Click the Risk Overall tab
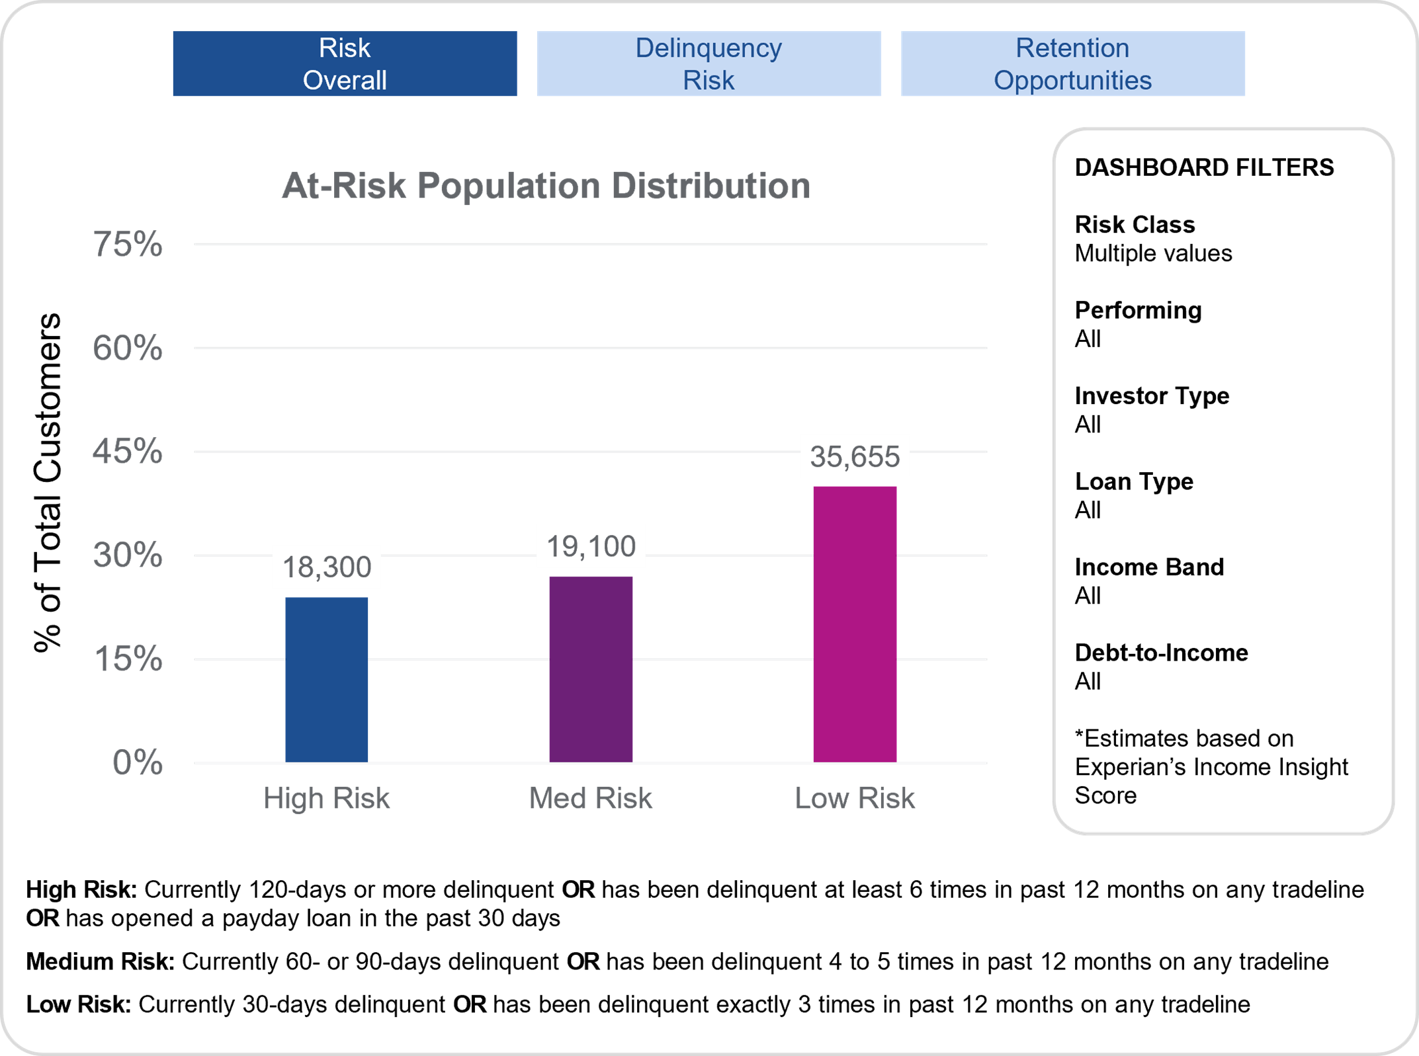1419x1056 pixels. (x=345, y=63)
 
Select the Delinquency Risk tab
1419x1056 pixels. (x=709, y=63)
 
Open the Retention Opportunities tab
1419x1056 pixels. (x=1072, y=63)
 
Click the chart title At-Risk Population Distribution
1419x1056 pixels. (x=546, y=186)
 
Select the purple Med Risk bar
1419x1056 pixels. (x=591, y=669)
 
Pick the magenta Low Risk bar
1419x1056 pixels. (x=855, y=624)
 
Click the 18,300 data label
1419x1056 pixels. (x=327, y=567)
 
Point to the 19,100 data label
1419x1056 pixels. (x=591, y=546)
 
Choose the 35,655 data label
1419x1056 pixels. (x=855, y=456)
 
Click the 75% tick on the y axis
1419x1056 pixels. (x=128, y=244)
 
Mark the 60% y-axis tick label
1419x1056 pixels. (x=128, y=348)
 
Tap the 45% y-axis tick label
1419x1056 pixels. (x=128, y=452)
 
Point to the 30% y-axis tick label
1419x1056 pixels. (x=128, y=555)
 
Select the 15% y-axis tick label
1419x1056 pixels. (x=128, y=659)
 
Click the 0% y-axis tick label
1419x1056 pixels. (x=138, y=762)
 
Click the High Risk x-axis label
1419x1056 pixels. (x=327, y=798)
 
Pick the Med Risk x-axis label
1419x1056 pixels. (x=591, y=798)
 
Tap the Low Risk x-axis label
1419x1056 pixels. (x=855, y=798)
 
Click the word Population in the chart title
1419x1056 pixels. (x=509, y=186)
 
